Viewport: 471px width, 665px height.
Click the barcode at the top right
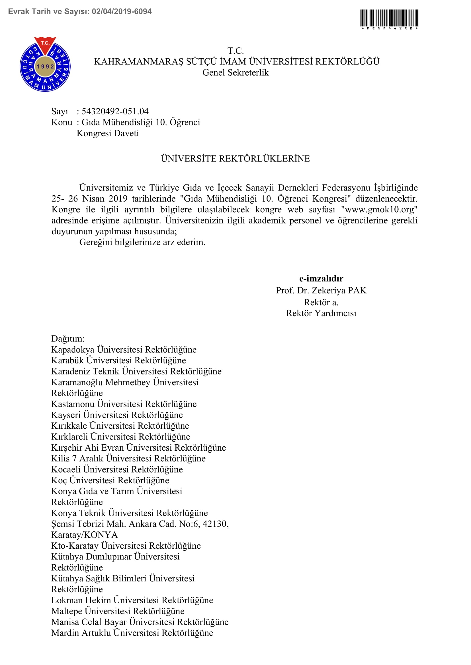389,18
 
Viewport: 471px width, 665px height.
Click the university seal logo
45,64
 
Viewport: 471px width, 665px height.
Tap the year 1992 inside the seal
45,66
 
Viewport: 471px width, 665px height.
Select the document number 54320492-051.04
115,111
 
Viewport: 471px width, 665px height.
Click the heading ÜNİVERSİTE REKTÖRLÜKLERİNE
235,159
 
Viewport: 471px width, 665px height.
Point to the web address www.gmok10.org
379,210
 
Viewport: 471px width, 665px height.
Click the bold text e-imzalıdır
321,278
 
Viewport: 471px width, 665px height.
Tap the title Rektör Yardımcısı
321,313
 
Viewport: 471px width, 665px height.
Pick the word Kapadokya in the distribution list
73,349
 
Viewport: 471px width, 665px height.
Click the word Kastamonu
73,404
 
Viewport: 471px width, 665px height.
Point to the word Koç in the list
59,480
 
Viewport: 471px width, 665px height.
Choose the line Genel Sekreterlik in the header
235,72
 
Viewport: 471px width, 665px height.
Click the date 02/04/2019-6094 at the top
122,12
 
